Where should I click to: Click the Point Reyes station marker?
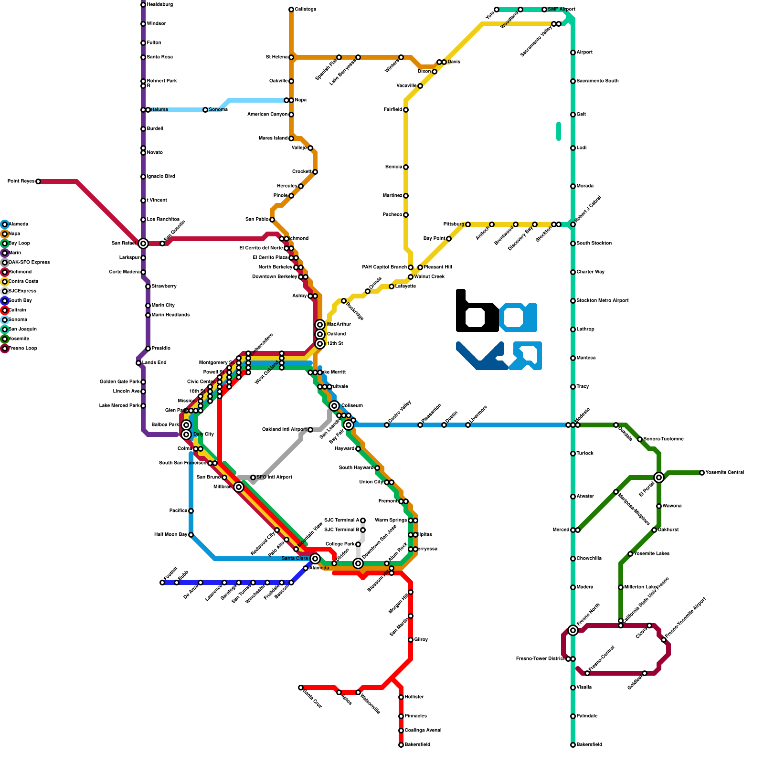(x=38, y=181)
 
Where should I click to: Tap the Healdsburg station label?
(x=160, y=5)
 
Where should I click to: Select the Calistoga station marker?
(x=291, y=10)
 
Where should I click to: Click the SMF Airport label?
(x=562, y=10)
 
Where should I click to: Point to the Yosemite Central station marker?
(x=702, y=473)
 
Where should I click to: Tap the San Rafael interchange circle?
(x=143, y=244)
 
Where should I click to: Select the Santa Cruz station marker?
(x=301, y=688)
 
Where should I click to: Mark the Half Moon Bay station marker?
(x=191, y=535)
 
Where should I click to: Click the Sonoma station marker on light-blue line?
(x=205, y=110)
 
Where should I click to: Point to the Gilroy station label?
(x=421, y=640)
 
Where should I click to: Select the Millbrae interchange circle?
(x=239, y=487)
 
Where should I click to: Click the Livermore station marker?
(x=468, y=425)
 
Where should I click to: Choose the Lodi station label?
(x=581, y=148)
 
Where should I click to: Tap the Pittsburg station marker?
(x=468, y=224)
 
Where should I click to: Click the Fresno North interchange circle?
(x=573, y=630)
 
